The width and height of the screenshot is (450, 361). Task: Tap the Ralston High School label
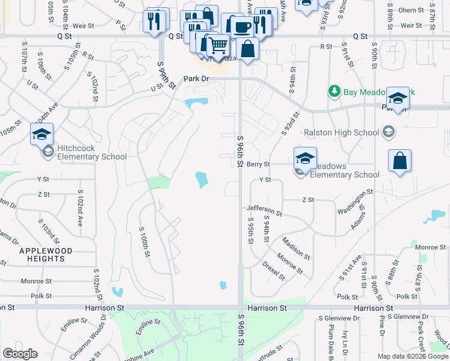(341, 132)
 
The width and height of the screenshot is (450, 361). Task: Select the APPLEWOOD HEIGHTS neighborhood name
(45, 255)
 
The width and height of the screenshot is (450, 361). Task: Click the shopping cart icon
(218, 44)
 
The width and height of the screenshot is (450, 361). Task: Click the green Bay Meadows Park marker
(334, 91)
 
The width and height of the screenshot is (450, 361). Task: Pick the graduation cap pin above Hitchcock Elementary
(42, 134)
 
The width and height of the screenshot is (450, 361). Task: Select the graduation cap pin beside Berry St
(305, 158)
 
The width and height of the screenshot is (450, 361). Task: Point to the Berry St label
(258, 164)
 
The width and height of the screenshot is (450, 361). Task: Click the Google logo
(20, 354)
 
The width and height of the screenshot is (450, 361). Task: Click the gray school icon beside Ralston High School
(389, 132)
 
